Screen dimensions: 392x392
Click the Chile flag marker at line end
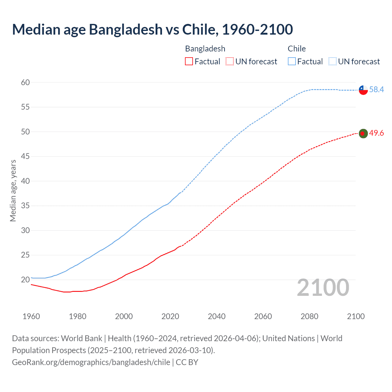pyautogui.click(x=363, y=90)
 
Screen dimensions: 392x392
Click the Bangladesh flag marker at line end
pyautogui.click(x=363, y=134)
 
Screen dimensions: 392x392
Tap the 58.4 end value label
pyautogui.click(x=376, y=89)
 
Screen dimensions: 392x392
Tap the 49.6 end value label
pyautogui.click(x=376, y=133)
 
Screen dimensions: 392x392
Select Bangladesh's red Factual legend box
pyautogui.click(x=189, y=62)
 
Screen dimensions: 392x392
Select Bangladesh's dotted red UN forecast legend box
pyautogui.click(x=229, y=62)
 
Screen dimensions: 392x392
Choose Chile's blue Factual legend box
pyautogui.click(x=292, y=62)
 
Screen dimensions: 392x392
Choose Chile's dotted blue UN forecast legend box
pyautogui.click(x=332, y=62)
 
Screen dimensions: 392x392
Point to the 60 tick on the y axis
pyautogui.click(x=25, y=82)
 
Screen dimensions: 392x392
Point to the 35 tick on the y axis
pyautogui.click(x=25, y=205)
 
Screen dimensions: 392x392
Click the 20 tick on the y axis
pyautogui.click(x=25, y=280)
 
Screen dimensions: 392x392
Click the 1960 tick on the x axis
pyautogui.click(x=31, y=316)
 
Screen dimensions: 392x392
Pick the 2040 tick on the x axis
pyautogui.click(x=217, y=316)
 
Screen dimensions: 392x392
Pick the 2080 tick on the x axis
pyautogui.click(x=309, y=316)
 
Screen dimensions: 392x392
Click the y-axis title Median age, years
pyautogui.click(x=13, y=190)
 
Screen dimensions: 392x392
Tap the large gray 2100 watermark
pyautogui.click(x=323, y=288)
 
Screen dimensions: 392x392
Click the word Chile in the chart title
pyautogui.click(x=199, y=29)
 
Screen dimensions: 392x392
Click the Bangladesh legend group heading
pyautogui.click(x=205, y=49)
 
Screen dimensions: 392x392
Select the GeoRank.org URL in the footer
pyautogui.click(x=91, y=362)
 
